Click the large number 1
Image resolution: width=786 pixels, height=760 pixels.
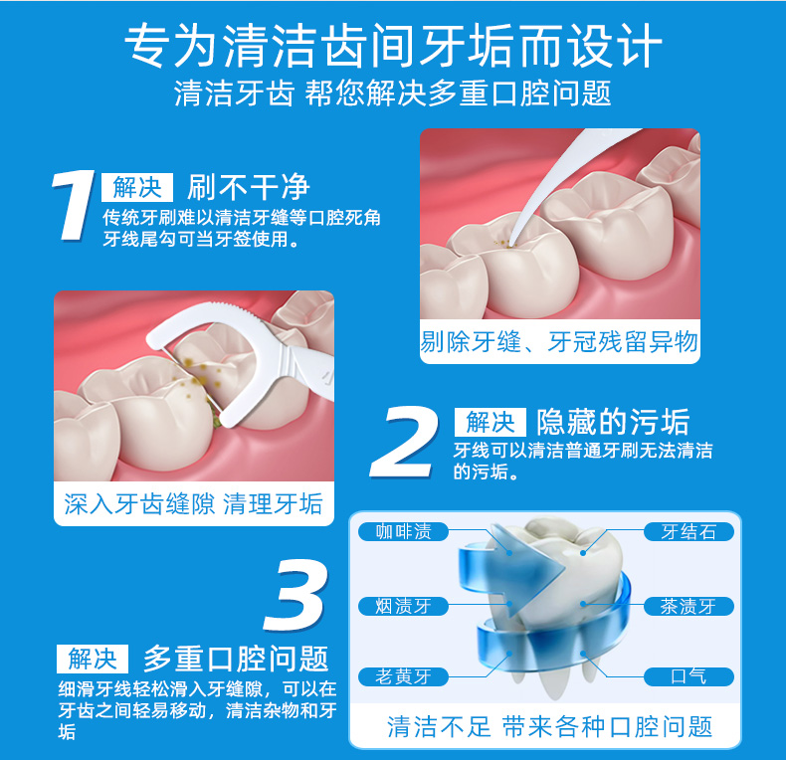tap(76, 205)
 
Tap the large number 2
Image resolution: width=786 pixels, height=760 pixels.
tap(404, 442)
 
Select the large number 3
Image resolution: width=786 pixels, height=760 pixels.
tap(296, 595)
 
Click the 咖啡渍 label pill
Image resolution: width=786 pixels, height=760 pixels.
tap(404, 531)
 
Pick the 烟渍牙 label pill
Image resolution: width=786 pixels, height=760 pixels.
tap(404, 606)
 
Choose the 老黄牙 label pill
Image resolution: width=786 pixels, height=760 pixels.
tap(404, 676)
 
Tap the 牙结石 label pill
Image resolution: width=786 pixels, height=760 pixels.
tap(688, 531)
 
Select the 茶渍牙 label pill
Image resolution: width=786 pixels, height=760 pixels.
tap(688, 606)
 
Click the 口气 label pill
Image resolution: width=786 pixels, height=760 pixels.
tap(688, 676)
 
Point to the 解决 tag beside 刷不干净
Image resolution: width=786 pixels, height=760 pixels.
tap(137, 187)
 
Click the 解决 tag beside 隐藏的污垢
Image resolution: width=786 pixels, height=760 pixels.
tap(491, 422)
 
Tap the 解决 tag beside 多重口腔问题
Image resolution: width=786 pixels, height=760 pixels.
tap(93, 659)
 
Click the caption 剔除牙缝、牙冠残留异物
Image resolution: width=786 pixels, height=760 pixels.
tap(559, 342)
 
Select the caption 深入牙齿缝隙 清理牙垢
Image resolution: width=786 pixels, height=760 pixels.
tap(193, 503)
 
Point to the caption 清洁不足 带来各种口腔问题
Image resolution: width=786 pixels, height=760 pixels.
tap(549, 726)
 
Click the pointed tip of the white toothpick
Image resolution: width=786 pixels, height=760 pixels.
tap(510, 245)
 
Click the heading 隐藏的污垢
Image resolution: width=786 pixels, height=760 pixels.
tap(613, 422)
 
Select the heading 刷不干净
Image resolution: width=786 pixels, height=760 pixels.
tap(249, 187)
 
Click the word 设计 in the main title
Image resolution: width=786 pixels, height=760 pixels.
tap(615, 45)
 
